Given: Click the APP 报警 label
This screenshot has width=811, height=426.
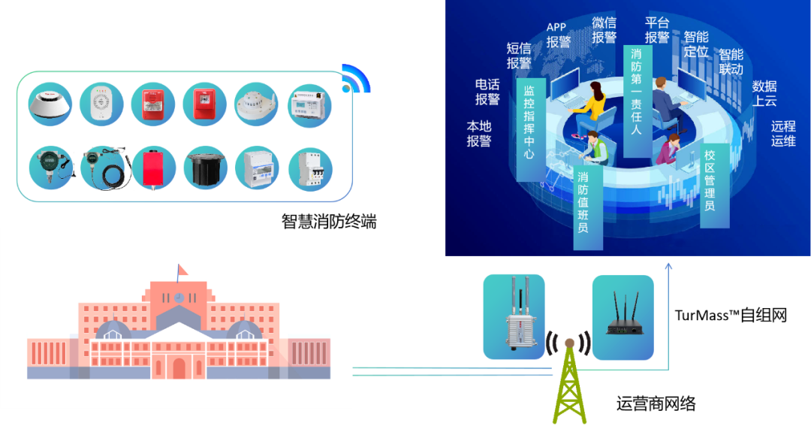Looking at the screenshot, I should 558,35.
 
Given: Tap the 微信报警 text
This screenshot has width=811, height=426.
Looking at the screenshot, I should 604,29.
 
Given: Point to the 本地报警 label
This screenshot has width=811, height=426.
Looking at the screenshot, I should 479,133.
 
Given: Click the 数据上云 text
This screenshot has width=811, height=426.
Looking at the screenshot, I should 764,93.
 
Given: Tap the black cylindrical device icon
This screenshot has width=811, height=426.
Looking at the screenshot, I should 205,168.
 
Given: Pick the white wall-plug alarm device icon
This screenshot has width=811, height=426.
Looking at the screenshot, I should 103,104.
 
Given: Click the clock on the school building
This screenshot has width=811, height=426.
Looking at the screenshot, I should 179,298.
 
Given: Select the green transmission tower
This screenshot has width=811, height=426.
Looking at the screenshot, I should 569,383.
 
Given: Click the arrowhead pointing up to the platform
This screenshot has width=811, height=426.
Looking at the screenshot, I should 668,264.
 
